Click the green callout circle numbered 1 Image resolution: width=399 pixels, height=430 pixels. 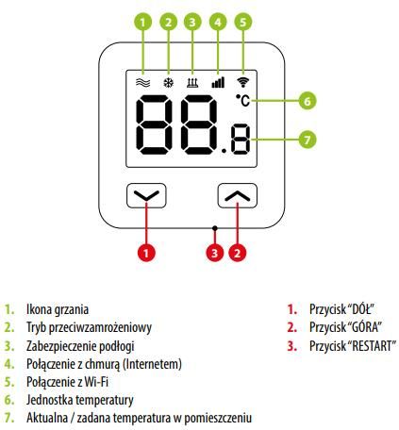(142, 22)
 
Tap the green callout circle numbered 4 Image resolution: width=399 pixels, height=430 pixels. (218, 22)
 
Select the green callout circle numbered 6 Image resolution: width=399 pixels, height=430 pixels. (308, 101)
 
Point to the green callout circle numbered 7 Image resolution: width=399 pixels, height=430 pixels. (308, 140)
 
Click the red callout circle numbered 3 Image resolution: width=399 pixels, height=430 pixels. (215, 253)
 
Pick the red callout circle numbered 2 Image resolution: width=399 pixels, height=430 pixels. (238, 253)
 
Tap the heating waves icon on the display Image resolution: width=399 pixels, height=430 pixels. (143, 83)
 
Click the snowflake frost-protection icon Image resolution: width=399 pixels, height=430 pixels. (169, 83)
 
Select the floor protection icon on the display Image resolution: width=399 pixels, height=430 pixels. (192, 83)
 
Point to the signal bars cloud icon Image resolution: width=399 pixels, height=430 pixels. (218, 82)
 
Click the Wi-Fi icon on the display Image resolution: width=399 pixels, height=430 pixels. (242, 82)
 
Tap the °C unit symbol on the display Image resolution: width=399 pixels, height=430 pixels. (242, 100)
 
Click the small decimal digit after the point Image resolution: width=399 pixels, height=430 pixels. (241, 139)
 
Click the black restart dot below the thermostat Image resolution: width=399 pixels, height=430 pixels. (215, 228)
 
